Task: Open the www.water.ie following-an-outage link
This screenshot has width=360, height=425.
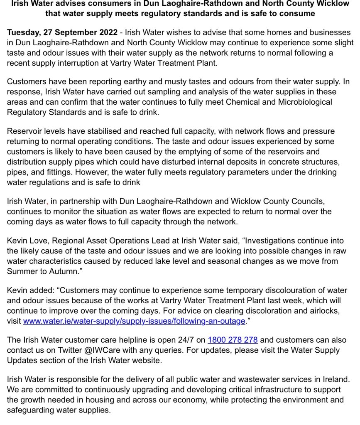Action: (134, 321)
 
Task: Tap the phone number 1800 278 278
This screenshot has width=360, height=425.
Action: (233, 340)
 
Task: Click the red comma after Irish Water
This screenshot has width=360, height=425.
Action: (48, 202)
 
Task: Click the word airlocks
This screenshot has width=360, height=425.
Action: (332, 311)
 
